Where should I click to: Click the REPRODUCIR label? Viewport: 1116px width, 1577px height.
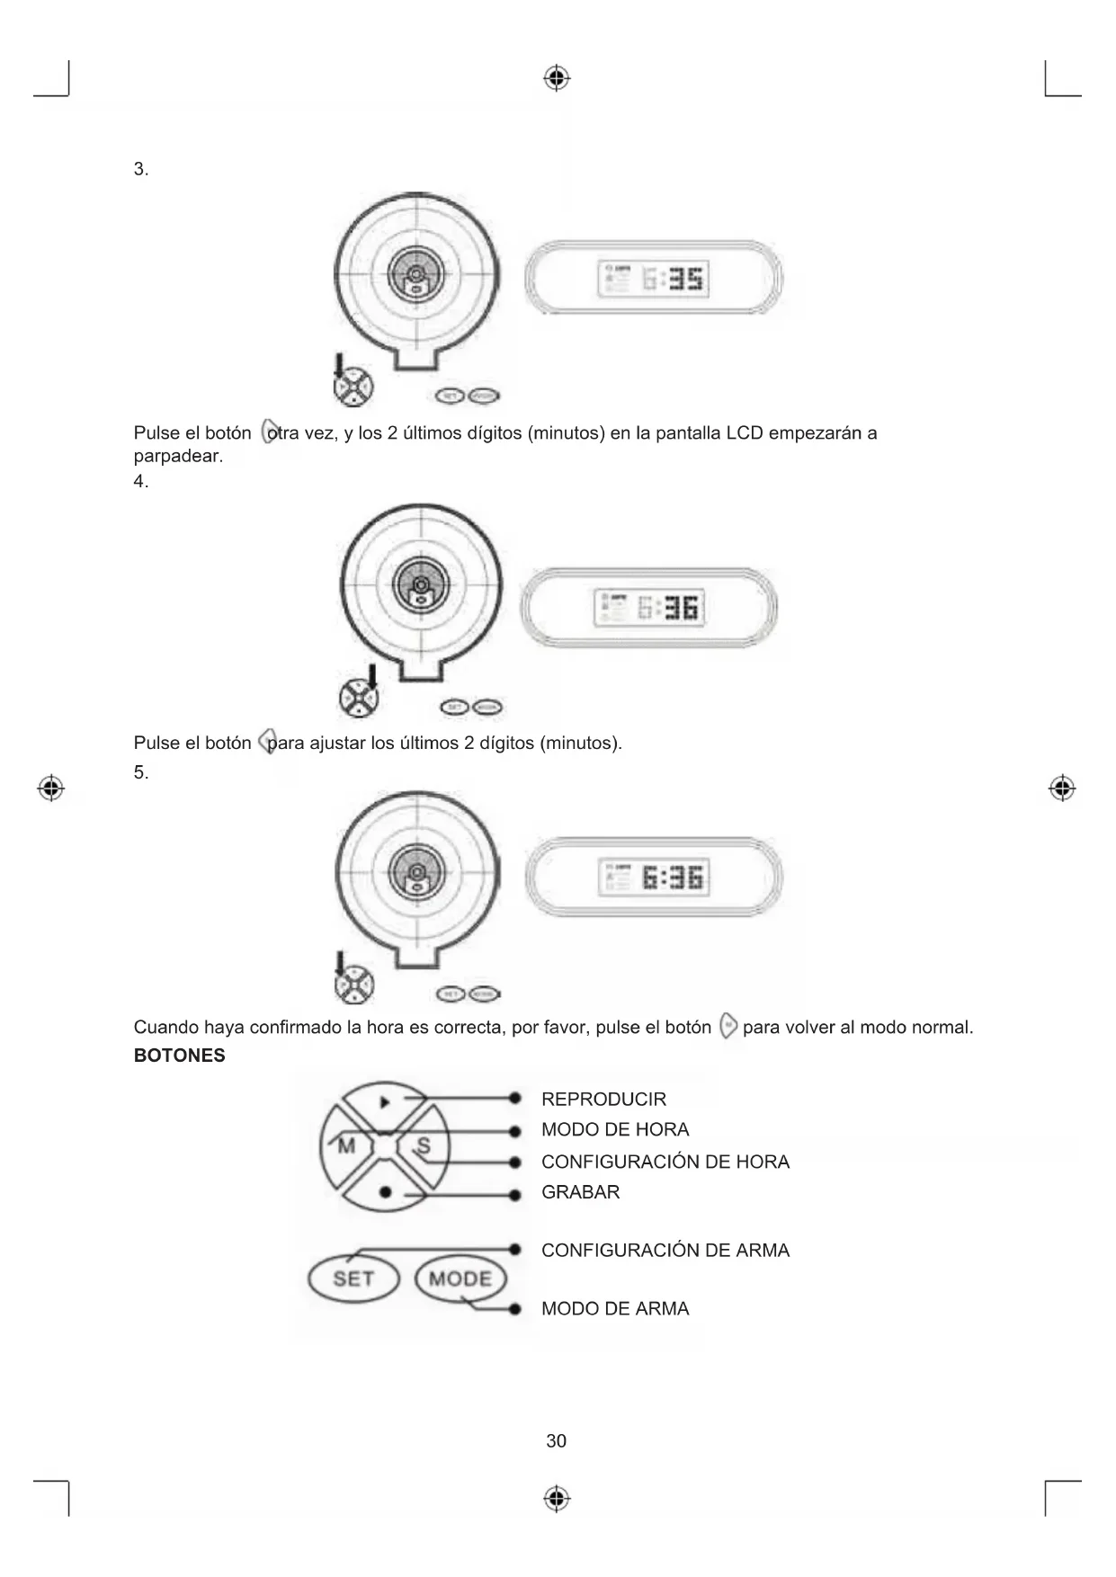tap(603, 1099)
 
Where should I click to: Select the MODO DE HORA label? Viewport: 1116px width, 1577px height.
tap(615, 1129)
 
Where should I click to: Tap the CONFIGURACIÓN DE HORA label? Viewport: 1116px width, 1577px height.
tap(665, 1162)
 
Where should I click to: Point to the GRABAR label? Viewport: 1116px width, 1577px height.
tap(580, 1192)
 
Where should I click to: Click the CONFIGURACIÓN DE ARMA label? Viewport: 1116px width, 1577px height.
tap(665, 1250)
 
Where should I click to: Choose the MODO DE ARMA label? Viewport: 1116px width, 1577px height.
tap(615, 1308)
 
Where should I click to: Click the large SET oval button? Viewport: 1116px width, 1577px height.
tap(353, 1279)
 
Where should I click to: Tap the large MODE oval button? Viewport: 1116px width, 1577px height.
tap(460, 1279)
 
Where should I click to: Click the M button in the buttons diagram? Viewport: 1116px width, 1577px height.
tap(345, 1146)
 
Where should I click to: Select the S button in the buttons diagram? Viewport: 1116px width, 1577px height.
tap(424, 1146)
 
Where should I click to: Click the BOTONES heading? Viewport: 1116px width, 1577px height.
tap(179, 1056)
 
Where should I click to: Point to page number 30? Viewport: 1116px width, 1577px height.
tap(557, 1441)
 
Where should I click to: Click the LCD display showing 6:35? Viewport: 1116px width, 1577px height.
tap(653, 279)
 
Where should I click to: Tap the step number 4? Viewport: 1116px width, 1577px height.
tap(140, 481)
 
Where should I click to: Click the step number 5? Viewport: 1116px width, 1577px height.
tap(140, 771)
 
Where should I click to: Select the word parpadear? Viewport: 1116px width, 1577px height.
tap(177, 456)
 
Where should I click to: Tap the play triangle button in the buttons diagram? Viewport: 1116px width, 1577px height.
tap(384, 1100)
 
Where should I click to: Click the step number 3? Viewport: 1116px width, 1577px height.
tap(140, 169)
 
